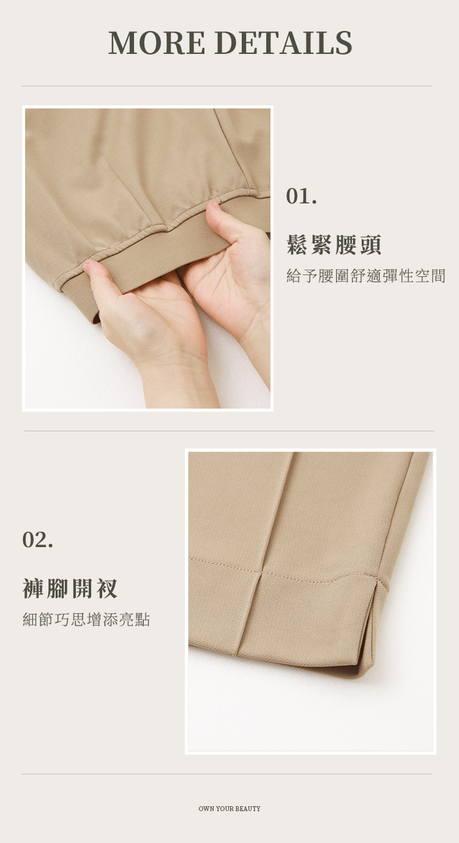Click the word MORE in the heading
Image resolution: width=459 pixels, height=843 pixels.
[x=157, y=42]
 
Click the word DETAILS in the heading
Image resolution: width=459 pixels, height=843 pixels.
[x=285, y=42]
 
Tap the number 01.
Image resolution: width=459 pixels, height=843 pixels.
[x=302, y=196]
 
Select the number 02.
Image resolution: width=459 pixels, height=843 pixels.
[x=37, y=540]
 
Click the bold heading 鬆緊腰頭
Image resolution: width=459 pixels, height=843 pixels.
[x=334, y=244]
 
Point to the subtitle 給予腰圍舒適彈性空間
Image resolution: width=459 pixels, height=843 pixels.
[x=366, y=276]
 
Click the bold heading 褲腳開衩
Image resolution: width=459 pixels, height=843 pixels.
[x=70, y=588]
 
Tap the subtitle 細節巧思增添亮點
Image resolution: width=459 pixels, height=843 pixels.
[x=86, y=619]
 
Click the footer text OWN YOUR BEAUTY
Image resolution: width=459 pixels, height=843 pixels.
[x=229, y=808]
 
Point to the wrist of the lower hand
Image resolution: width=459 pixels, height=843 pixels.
[x=177, y=380]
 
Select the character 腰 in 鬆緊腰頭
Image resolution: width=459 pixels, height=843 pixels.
[x=346, y=244]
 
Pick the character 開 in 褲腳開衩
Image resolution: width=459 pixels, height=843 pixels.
[x=82, y=588]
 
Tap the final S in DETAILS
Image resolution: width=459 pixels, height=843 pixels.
[x=343, y=42]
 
